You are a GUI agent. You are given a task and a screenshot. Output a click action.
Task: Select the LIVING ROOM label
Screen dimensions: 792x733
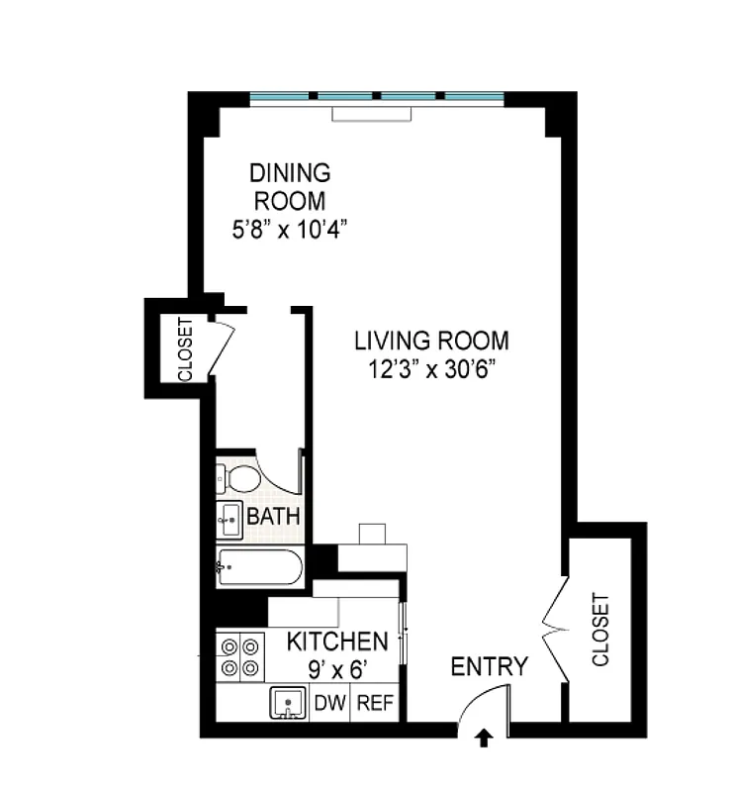[432, 342]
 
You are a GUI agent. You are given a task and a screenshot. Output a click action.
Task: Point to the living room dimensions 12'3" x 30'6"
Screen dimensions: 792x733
[432, 372]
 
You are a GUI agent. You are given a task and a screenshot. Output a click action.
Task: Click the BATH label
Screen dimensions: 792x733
[273, 517]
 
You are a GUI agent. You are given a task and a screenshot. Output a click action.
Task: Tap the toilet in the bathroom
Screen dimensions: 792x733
[237, 480]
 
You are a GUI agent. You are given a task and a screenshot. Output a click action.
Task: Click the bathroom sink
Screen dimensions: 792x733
[229, 517]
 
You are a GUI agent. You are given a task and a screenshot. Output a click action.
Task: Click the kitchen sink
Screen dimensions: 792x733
[289, 704]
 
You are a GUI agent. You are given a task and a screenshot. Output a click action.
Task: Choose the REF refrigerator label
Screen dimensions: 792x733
[375, 704]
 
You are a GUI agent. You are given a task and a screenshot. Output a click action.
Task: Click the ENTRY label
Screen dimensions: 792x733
[489, 666]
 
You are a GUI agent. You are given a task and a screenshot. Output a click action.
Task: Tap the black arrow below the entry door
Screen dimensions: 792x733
[485, 738]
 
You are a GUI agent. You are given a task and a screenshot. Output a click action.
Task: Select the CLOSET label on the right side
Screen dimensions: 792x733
[600, 630]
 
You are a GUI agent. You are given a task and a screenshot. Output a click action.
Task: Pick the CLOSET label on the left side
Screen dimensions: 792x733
[185, 349]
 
